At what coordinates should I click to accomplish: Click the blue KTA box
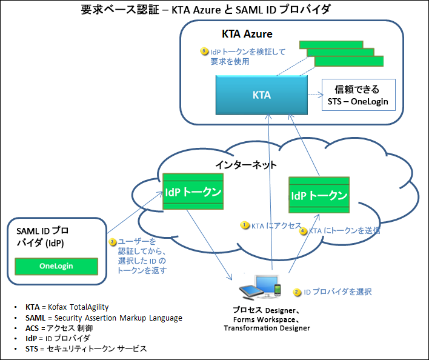[261, 95]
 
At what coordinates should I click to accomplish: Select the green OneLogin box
[56, 266]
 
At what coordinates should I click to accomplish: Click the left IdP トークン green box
[193, 192]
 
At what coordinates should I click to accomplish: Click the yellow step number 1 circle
[245, 225]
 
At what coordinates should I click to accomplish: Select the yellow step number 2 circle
[297, 292]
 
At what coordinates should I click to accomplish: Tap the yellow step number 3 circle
[112, 241]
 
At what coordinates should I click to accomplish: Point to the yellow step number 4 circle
[303, 230]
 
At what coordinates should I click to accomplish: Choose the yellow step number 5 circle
[204, 52]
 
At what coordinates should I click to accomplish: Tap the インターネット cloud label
[246, 165]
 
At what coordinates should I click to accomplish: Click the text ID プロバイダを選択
[337, 292]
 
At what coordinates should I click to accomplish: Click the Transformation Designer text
[267, 328]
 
